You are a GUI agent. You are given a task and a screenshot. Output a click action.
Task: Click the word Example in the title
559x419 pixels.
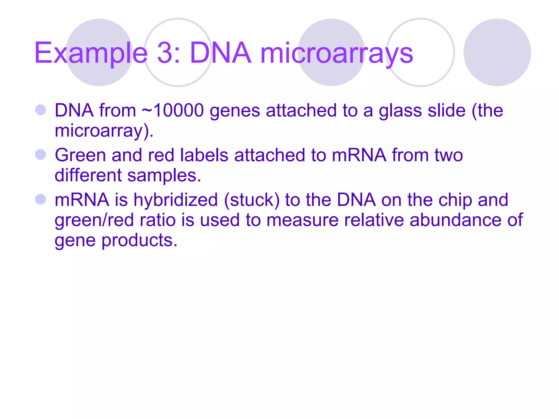(91, 53)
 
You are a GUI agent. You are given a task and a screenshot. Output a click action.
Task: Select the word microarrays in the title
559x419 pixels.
(337, 53)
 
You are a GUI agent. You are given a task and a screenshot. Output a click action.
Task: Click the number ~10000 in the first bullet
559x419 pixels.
(173, 110)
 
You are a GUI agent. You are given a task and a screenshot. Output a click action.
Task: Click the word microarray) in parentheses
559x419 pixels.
(104, 131)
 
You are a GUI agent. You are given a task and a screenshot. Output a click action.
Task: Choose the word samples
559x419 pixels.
(164, 175)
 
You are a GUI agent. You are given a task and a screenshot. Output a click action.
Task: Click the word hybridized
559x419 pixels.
(176, 200)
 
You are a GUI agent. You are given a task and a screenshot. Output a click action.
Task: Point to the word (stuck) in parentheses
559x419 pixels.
(252, 200)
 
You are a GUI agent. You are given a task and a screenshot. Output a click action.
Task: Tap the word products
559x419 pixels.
(139, 241)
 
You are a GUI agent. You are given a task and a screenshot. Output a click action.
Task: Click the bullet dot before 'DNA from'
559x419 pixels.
(41, 110)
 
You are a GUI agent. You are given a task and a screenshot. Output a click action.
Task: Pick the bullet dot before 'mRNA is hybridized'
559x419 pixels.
(41, 199)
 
